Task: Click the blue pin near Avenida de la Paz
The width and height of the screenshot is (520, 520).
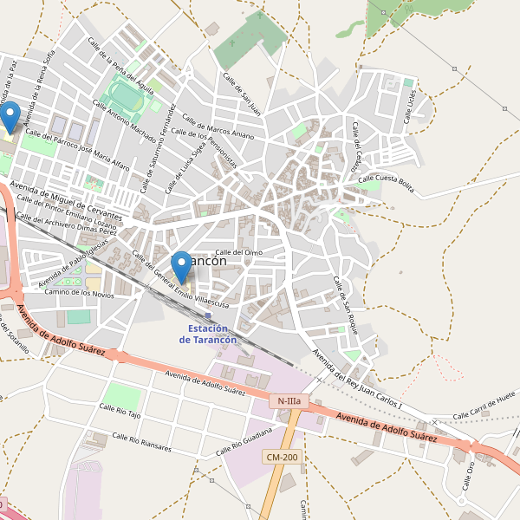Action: pyautogui.click(x=10, y=116)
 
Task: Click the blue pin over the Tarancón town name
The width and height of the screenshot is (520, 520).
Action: pyautogui.click(x=181, y=265)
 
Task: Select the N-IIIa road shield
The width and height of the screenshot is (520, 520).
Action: pyautogui.click(x=287, y=401)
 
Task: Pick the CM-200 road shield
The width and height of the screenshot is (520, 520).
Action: pyautogui.click(x=282, y=457)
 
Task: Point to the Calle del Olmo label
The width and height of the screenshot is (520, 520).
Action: pyautogui.click(x=238, y=252)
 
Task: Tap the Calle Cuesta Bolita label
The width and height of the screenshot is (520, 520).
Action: pyautogui.click(x=387, y=179)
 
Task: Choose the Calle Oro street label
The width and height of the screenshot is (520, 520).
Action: pyautogui.click(x=469, y=474)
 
